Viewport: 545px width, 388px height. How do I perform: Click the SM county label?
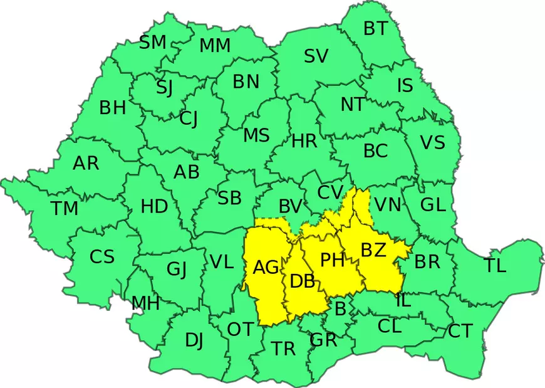coord(153,43)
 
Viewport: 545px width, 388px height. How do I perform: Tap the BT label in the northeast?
coord(376,28)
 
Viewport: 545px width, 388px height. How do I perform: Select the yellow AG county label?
coord(266,268)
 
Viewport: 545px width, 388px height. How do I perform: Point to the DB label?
coord(302,281)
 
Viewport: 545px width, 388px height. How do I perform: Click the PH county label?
coord(333,260)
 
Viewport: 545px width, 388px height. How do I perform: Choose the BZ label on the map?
coord(374,250)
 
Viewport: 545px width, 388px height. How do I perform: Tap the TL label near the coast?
coord(495,265)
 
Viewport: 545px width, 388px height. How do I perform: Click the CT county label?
coord(460,331)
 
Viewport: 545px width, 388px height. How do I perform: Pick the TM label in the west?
coord(65,208)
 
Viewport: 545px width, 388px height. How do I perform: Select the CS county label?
coord(102,256)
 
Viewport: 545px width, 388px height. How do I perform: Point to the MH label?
coord(145,304)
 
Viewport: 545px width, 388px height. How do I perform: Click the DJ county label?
coord(194,340)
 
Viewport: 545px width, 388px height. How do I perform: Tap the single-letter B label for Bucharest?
coord(341,308)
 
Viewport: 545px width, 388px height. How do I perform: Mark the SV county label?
coord(316,56)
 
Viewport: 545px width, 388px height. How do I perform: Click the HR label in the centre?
coord(304,141)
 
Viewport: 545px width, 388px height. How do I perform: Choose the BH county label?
coord(113,108)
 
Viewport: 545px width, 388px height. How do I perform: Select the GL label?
coord(433,204)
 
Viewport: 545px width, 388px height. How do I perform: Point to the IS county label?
coord(405,85)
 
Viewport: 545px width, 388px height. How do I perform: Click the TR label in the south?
coord(284,349)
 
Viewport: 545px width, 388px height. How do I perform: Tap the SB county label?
coord(229,198)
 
